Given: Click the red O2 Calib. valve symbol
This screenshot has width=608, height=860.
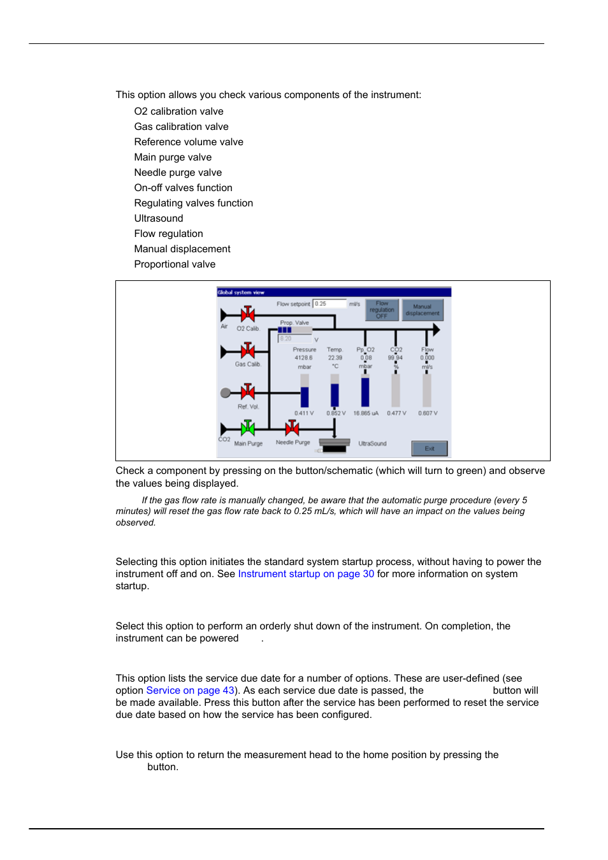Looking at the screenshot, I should click(x=247, y=314).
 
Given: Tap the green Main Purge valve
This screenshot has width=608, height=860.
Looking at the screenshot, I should click(x=247, y=428).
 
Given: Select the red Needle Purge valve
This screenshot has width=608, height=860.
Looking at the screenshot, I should click(x=293, y=428).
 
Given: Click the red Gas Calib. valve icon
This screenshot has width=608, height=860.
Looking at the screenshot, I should click(x=247, y=351).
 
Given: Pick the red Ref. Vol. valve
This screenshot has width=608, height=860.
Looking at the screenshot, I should click(x=247, y=392).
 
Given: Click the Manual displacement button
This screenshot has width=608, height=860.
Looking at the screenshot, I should click(x=423, y=310).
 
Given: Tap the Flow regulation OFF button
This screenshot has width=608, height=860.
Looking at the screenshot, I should click(x=382, y=310).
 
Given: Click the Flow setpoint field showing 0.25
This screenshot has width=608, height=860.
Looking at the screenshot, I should click(x=329, y=304).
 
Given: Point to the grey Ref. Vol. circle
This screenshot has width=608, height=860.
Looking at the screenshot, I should click(x=226, y=392).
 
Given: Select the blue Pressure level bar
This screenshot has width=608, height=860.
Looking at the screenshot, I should click(x=305, y=396).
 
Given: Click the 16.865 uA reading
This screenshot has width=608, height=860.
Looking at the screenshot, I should click(x=366, y=413).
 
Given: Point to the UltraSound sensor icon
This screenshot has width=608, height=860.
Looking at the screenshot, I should click(x=335, y=444).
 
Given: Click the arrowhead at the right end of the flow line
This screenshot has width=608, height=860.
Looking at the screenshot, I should click(x=437, y=329).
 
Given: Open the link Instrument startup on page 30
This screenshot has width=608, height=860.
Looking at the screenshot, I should click(x=306, y=574).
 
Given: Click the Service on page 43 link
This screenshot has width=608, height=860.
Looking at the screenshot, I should click(x=190, y=691).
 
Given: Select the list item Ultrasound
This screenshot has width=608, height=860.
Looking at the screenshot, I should click(x=159, y=219).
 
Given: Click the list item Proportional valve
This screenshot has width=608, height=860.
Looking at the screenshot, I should click(x=175, y=264).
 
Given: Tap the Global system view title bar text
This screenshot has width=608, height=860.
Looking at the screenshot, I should click(x=241, y=292).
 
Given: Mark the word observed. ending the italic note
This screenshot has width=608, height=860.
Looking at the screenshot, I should click(x=135, y=523).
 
